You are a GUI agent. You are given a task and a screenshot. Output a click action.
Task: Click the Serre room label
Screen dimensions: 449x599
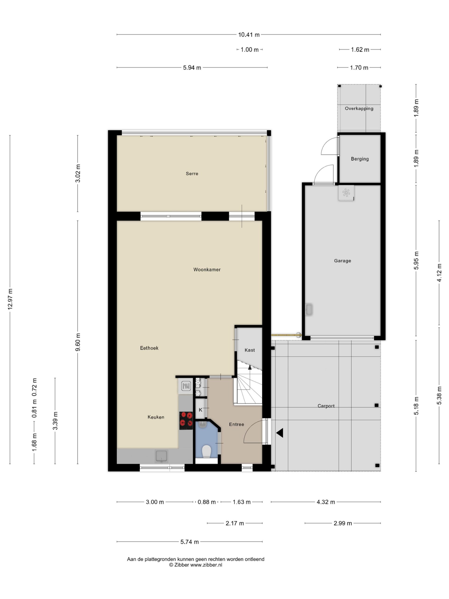click(192, 174)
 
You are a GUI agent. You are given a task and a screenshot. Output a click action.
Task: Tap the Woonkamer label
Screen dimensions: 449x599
click(207, 270)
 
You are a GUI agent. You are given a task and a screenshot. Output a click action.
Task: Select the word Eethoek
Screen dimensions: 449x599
click(149, 348)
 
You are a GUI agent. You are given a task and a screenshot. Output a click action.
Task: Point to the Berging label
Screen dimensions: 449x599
click(360, 159)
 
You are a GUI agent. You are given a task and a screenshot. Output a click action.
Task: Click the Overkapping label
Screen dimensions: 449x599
click(359, 109)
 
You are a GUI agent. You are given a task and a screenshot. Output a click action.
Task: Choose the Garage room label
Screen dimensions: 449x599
click(342, 261)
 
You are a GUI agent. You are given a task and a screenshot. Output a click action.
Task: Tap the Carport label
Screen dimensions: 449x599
click(326, 406)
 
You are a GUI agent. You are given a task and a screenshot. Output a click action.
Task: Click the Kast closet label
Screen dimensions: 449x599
click(250, 350)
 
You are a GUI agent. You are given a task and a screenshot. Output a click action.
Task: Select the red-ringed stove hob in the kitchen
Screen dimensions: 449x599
click(186, 420)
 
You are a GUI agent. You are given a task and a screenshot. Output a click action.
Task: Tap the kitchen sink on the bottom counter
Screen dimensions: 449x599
click(161, 456)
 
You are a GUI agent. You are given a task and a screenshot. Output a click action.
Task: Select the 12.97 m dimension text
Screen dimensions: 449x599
click(10, 299)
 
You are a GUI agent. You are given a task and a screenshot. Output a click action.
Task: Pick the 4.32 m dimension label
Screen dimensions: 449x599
click(326, 502)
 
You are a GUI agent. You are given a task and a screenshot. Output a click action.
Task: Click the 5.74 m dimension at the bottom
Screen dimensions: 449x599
click(189, 542)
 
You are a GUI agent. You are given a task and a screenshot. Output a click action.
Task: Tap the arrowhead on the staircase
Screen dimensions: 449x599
click(250, 367)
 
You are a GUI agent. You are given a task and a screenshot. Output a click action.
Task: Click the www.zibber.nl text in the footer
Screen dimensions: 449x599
click(206, 565)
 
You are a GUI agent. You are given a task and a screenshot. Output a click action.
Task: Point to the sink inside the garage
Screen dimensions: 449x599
click(309, 310)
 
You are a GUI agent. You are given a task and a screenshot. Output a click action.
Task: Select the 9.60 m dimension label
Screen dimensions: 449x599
click(78, 342)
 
